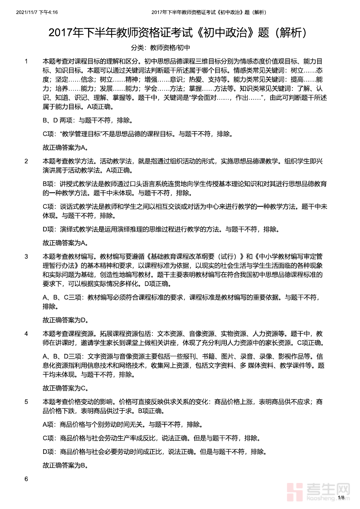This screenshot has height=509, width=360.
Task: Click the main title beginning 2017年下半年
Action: tap(180, 33)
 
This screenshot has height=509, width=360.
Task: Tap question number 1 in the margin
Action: tap(26, 62)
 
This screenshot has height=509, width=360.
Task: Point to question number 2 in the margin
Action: tap(26, 161)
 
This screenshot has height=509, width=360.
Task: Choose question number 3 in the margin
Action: tap(26, 256)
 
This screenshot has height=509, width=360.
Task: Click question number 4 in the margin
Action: tap(26, 333)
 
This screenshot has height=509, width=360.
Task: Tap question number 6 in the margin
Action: tap(26, 479)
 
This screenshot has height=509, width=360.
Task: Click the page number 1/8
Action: tap(341, 498)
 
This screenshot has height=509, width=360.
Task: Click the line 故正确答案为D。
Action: tap(65, 320)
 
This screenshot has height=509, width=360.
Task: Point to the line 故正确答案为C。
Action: tap(65, 388)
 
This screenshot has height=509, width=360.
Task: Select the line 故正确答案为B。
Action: tap(65, 465)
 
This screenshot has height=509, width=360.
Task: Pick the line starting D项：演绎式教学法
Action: tap(160, 230)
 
